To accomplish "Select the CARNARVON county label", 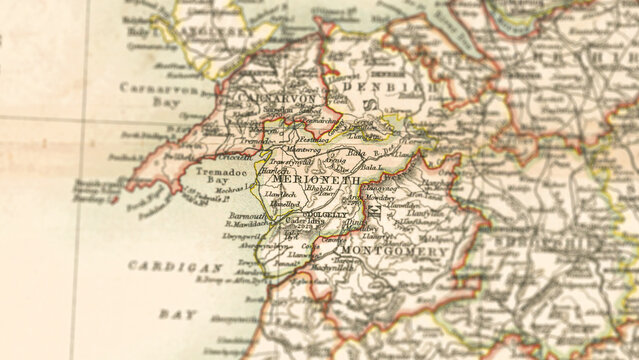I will [263, 98].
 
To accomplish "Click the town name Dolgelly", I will [325, 213].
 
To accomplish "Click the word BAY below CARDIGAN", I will [178, 313].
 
